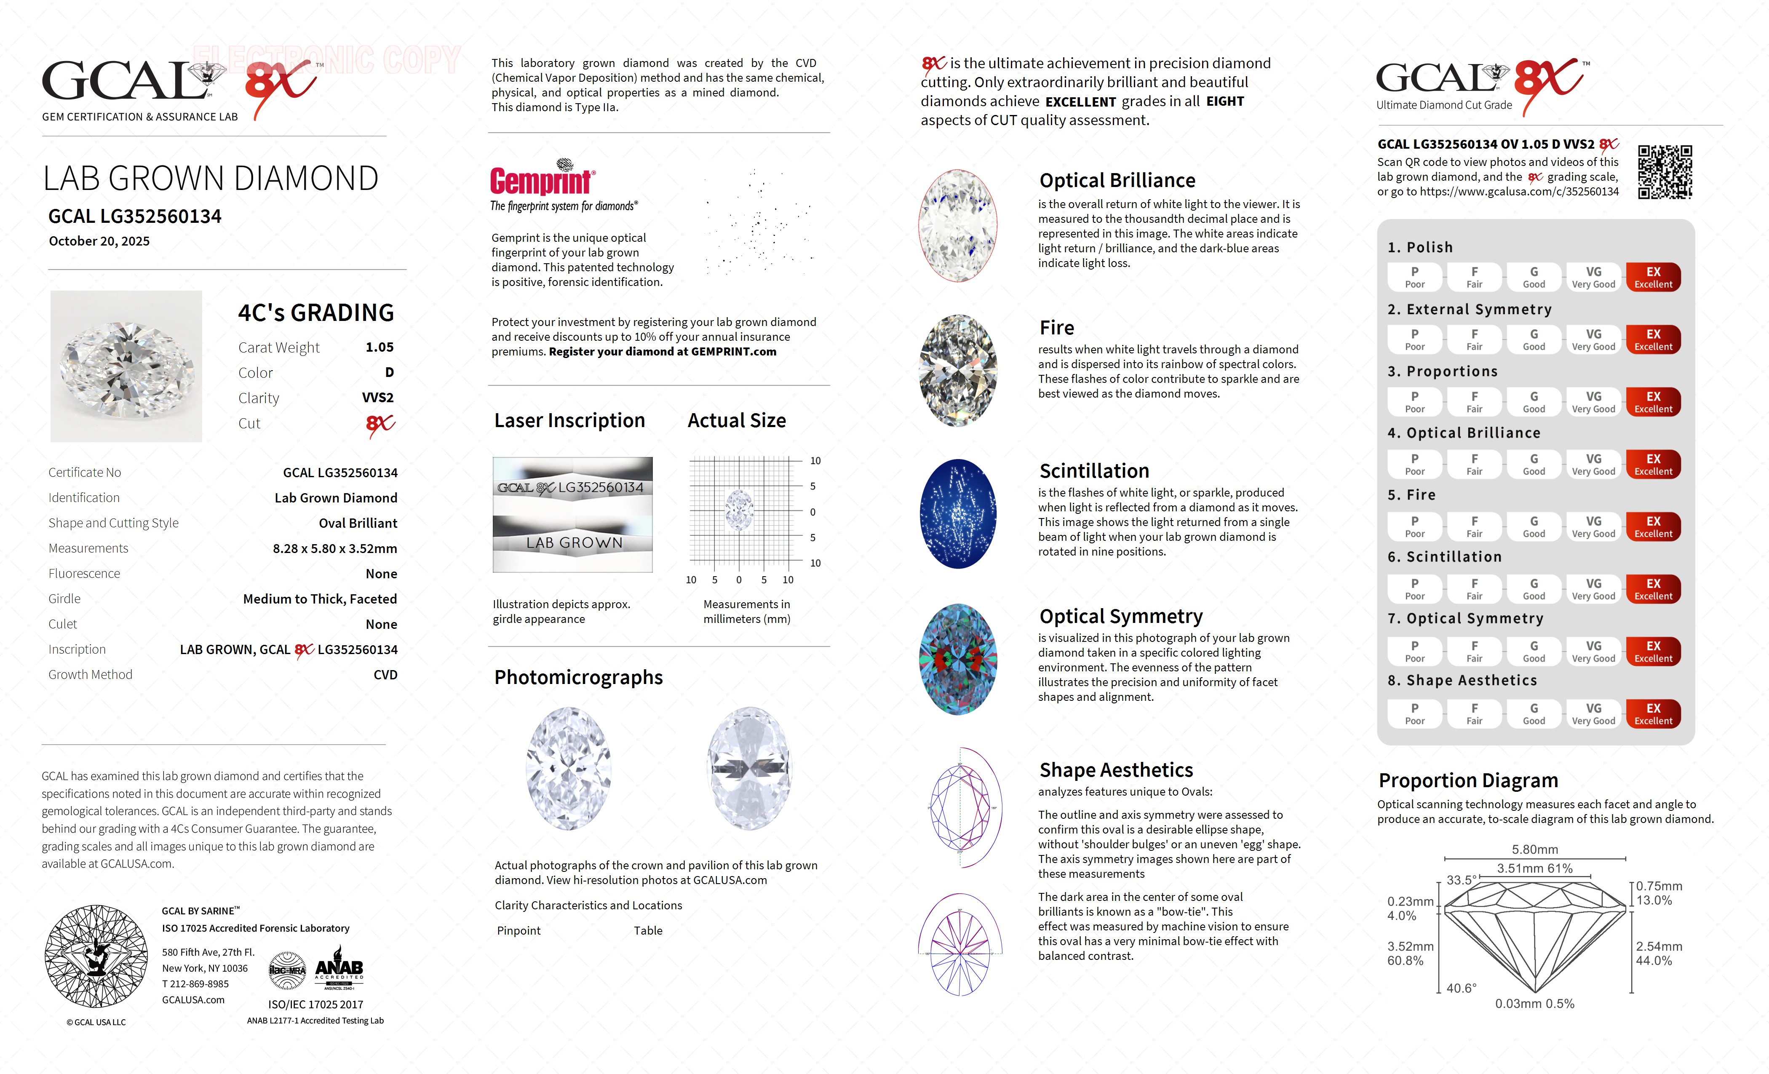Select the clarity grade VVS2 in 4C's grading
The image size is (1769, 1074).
tap(378, 398)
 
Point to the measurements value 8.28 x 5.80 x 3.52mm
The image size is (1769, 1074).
tap(334, 548)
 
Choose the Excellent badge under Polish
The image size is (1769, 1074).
tap(1653, 277)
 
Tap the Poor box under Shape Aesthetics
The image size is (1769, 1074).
tap(1414, 713)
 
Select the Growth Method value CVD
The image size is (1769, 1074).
tap(385, 675)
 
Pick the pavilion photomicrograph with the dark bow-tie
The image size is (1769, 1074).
tap(749, 768)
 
